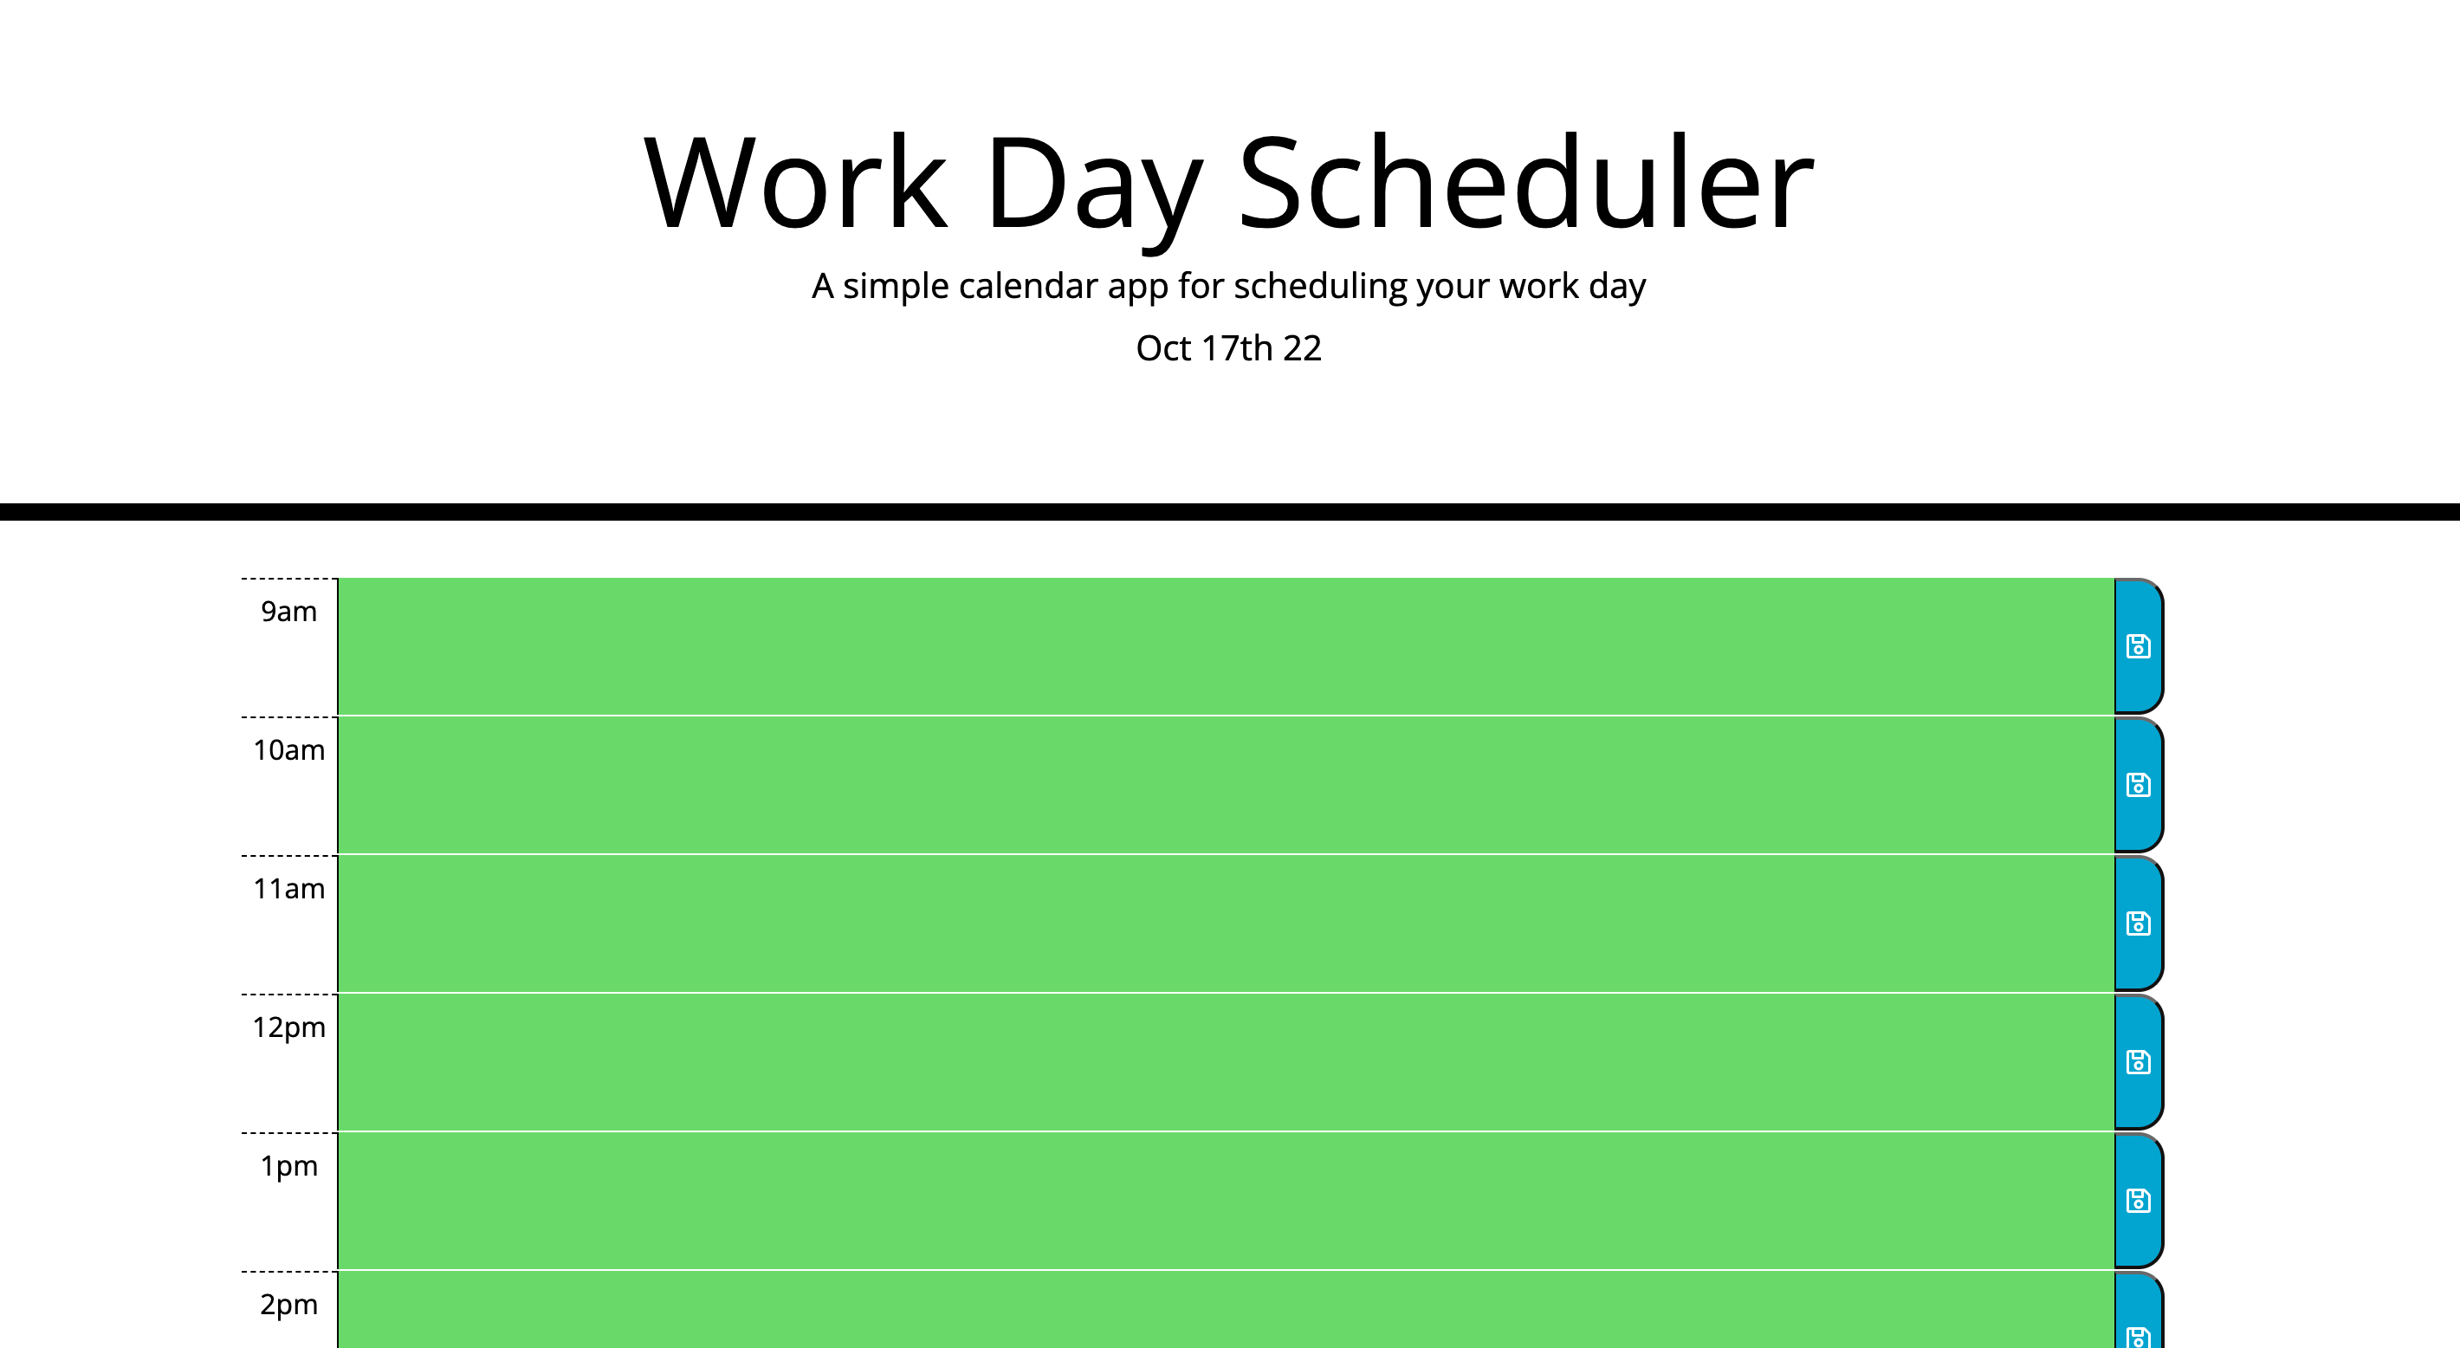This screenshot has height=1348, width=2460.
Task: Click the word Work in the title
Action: coord(795,184)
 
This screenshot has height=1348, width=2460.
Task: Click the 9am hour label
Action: coord(288,612)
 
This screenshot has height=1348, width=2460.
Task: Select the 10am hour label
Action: coord(288,750)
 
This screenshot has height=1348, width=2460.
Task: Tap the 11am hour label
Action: coord(288,889)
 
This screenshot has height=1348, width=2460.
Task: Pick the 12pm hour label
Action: coord(288,1027)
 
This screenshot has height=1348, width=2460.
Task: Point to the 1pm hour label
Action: coord(288,1165)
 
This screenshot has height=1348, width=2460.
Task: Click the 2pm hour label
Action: coord(288,1304)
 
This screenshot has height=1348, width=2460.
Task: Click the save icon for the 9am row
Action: coord(2138,647)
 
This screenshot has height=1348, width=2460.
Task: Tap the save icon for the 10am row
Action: coord(2138,785)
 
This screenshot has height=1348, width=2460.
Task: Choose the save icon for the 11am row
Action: coord(2138,924)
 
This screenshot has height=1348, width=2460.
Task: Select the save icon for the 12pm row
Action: coord(2138,1062)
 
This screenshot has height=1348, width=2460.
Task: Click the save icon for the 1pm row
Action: coord(2138,1201)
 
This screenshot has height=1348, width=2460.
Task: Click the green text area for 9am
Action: coord(1227,647)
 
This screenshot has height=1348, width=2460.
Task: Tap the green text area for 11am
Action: coord(1227,924)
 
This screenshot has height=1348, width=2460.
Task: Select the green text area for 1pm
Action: coord(1227,1201)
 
